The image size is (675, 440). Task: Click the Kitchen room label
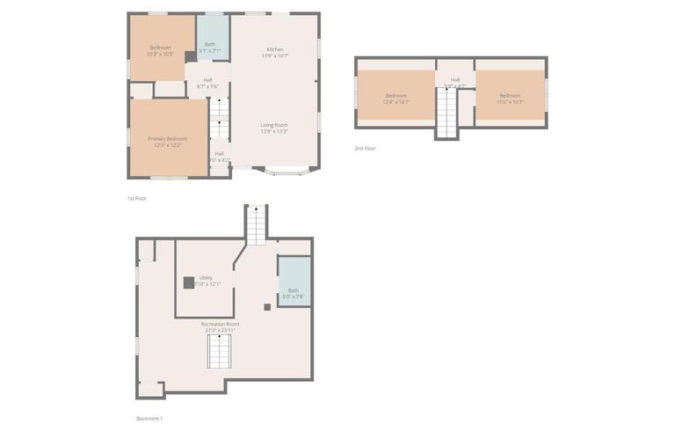tap(275, 52)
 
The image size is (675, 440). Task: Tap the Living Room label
tap(274, 128)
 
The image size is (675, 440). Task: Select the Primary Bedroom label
tap(167, 141)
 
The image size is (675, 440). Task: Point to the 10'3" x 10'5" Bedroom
tap(160, 50)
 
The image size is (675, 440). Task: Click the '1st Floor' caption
tap(136, 199)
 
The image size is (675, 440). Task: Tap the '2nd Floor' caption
tap(365, 149)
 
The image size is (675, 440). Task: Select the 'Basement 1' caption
tap(149, 418)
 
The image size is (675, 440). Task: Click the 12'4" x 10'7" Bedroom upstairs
tap(396, 99)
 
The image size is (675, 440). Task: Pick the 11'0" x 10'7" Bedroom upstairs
tap(510, 99)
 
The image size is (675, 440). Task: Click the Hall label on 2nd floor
tap(455, 83)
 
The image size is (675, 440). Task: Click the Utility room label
tap(206, 281)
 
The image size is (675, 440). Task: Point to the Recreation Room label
tap(220, 326)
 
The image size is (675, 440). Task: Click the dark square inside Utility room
tap(188, 282)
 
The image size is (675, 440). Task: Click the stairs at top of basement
tap(256, 224)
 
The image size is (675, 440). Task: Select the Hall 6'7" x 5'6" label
tap(207, 83)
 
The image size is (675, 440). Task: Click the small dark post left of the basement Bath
tap(267, 307)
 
